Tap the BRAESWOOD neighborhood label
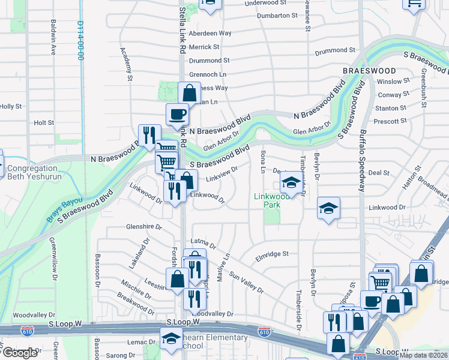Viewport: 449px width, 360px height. [369, 70]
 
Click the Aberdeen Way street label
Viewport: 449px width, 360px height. [210, 34]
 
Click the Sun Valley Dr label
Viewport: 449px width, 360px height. [247, 281]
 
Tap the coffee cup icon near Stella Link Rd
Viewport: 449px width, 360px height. [177, 113]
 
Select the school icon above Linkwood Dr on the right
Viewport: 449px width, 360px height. [328, 208]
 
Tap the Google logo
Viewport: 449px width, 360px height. [20, 352]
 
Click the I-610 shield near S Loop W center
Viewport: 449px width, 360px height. [264, 331]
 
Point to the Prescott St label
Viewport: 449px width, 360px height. [390, 121]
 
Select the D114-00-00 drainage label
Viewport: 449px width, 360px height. [80, 40]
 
